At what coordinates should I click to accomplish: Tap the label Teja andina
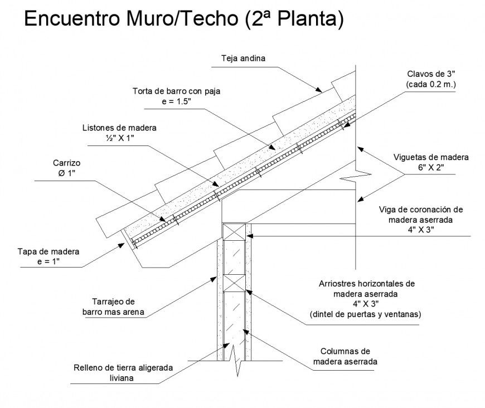(x=243, y=58)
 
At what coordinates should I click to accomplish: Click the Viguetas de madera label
(x=431, y=157)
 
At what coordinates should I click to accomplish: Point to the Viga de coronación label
(x=421, y=210)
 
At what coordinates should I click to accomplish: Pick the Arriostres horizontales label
(x=366, y=284)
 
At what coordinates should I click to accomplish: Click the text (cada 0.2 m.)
(x=431, y=84)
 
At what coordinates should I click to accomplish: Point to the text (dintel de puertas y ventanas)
(x=366, y=315)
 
